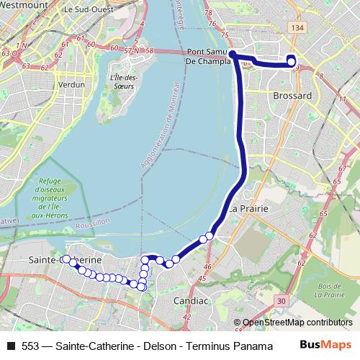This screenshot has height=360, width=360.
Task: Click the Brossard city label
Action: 292,95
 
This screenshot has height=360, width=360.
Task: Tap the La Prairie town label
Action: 249,209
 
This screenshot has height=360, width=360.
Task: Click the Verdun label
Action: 71,84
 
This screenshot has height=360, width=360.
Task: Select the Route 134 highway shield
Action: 297,27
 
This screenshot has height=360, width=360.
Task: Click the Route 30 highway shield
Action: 280,300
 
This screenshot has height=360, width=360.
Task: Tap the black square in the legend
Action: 10,346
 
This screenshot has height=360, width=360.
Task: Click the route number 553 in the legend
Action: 30,346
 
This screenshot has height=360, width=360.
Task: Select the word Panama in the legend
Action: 242,346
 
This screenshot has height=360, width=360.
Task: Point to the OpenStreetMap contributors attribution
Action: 297,323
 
